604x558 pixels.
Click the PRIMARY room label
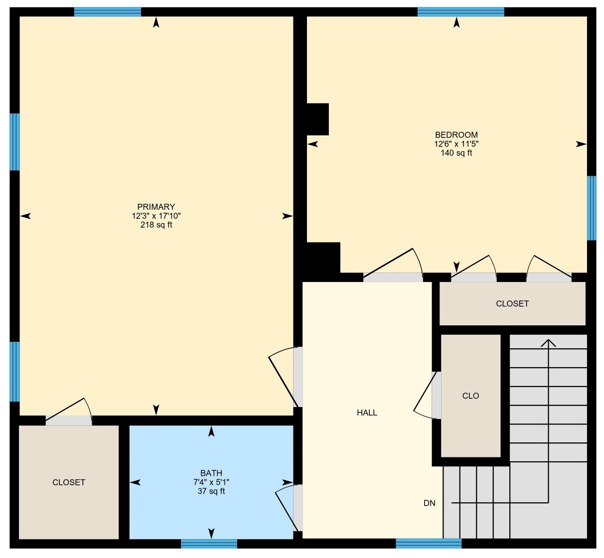(x=156, y=207)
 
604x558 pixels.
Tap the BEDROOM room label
(x=456, y=135)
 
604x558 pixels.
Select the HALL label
(x=367, y=413)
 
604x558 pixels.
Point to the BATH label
(x=211, y=473)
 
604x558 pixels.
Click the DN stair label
(x=429, y=503)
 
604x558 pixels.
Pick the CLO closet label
(x=470, y=396)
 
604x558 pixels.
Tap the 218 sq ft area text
(x=156, y=225)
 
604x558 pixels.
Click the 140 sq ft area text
(x=456, y=152)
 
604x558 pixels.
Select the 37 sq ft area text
(x=211, y=491)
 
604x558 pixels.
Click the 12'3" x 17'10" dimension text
(x=156, y=216)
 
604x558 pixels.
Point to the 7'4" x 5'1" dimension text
(x=211, y=482)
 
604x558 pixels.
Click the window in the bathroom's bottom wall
(x=209, y=544)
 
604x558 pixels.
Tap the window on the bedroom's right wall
(x=591, y=208)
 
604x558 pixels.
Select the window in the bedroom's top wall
(x=461, y=12)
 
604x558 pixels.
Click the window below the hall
(x=429, y=543)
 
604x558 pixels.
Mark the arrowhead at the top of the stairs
(x=548, y=343)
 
